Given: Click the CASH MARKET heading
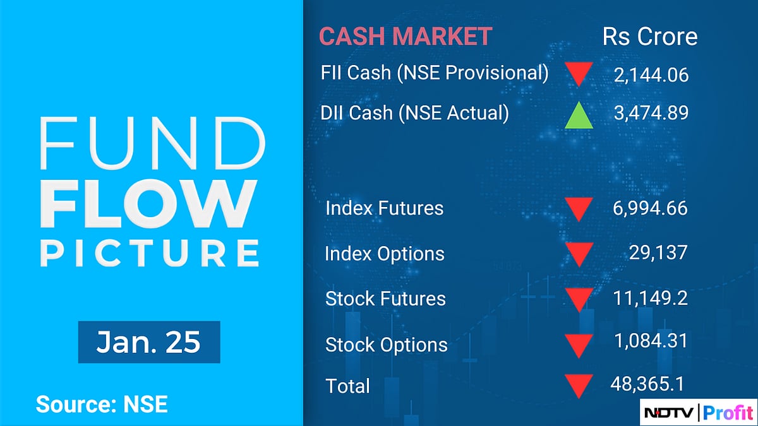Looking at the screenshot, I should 405,37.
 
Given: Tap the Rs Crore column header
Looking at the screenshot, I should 650,37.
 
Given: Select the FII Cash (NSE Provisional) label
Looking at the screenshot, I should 435,73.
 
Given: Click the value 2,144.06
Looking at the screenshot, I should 651,75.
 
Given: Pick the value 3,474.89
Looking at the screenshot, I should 651,113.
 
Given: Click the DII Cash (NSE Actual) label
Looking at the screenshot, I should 414,113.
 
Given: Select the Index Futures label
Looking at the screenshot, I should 384,208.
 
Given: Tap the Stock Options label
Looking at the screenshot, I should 386,345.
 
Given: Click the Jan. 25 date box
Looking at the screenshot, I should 149,341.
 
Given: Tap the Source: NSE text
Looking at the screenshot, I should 102,404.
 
